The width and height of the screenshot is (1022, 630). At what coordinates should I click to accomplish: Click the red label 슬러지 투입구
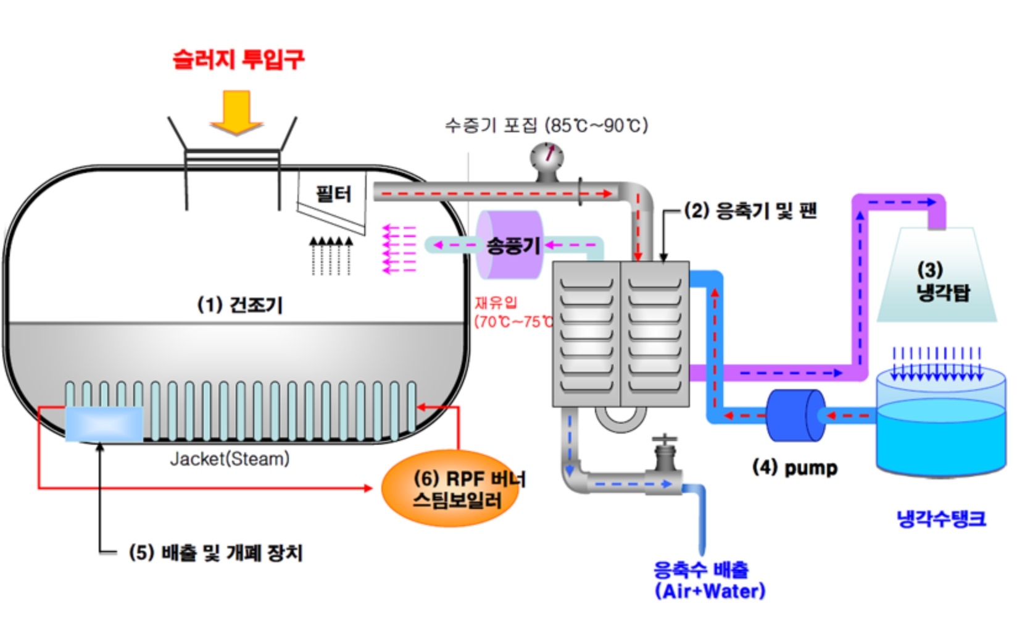click(238, 60)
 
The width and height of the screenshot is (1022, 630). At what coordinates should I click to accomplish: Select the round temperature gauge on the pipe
click(547, 157)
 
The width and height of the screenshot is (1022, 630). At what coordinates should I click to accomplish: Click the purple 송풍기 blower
click(510, 245)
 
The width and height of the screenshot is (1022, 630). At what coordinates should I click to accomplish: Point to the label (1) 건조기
click(239, 304)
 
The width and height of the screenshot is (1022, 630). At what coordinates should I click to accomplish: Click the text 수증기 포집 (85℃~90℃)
click(546, 125)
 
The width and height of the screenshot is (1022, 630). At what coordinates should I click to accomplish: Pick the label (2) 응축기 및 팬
click(750, 211)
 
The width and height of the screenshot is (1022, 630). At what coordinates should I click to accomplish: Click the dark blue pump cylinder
click(796, 415)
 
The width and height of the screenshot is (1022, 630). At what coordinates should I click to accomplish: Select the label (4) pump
click(795, 468)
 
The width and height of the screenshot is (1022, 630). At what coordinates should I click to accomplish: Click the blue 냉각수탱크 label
click(941, 519)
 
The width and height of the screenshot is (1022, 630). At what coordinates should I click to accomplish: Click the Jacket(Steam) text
click(230, 459)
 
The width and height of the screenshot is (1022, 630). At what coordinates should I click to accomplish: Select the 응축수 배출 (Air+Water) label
click(708, 581)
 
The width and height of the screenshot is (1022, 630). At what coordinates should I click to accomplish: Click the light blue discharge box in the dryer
click(104, 424)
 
